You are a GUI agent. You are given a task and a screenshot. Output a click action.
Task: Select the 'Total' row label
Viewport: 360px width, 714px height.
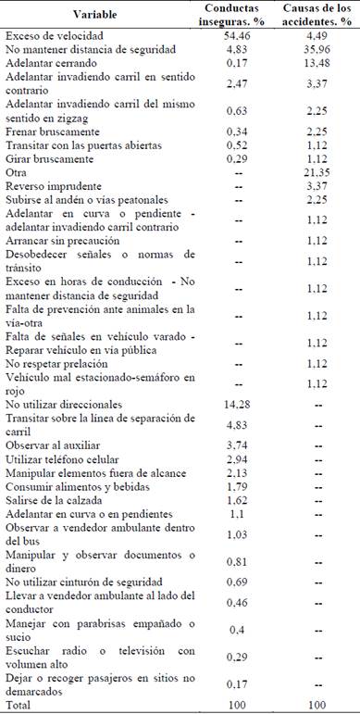[19, 705]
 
